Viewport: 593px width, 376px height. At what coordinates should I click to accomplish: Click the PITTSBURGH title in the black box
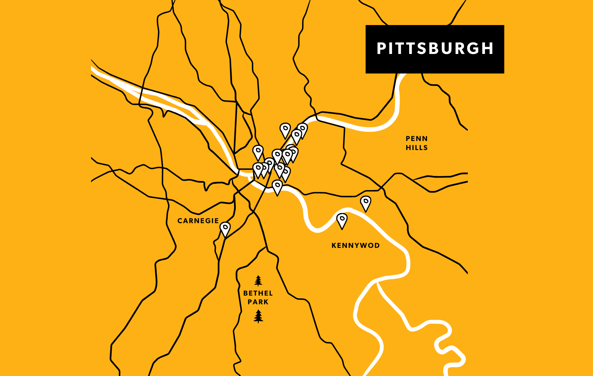(435, 49)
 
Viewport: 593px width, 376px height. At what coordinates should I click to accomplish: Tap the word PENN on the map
(416, 139)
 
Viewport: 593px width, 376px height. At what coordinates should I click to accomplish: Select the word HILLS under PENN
(416, 148)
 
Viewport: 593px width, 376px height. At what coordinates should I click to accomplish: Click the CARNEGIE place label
(198, 221)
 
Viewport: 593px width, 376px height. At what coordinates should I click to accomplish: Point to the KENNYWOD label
(355, 245)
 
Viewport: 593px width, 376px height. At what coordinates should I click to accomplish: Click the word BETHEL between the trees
(258, 293)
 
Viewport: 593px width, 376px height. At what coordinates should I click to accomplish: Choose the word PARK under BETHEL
(258, 302)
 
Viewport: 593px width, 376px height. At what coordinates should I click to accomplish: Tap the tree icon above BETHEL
(258, 281)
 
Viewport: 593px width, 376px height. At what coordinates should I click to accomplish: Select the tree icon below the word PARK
(258, 316)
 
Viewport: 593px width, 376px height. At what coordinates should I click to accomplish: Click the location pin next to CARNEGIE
(225, 229)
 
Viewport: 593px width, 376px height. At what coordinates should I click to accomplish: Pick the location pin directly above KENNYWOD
(342, 220)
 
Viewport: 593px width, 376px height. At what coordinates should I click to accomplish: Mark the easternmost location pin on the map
(366, 203)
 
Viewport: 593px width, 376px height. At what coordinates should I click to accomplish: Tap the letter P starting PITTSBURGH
(381, 49)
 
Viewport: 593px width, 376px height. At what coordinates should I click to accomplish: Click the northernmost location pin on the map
(285, 130)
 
